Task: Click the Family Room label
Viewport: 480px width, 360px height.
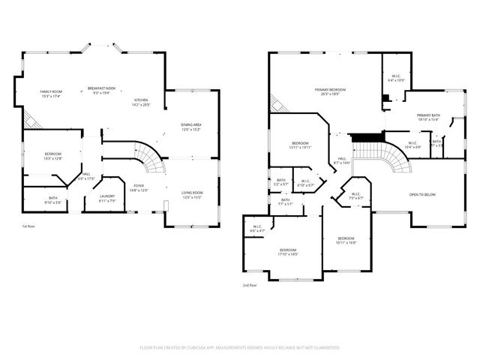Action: tap(50, 94)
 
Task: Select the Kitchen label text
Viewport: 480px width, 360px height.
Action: tap(141, 103)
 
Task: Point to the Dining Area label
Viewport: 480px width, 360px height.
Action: tap(191, 127)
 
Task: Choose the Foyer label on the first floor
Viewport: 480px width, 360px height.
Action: tap(139, 187)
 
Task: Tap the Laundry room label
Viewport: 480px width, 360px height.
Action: tap(108, 198)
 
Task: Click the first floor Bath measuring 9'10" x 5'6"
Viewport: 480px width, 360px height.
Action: tap(53, 199)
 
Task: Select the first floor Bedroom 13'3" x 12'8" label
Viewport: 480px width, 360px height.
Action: tap(53, 155)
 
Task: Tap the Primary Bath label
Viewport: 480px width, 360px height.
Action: tap(428, 118)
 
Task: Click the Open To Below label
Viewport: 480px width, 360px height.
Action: tap(422, 195)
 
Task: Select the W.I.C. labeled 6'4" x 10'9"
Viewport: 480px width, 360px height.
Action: tap(395, 77)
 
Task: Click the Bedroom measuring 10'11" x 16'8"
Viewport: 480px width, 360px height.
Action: tap(346, 240)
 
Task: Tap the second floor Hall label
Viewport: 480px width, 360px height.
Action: tap(341, 160)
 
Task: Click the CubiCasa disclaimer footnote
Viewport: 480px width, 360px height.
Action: tap(240, 348)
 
